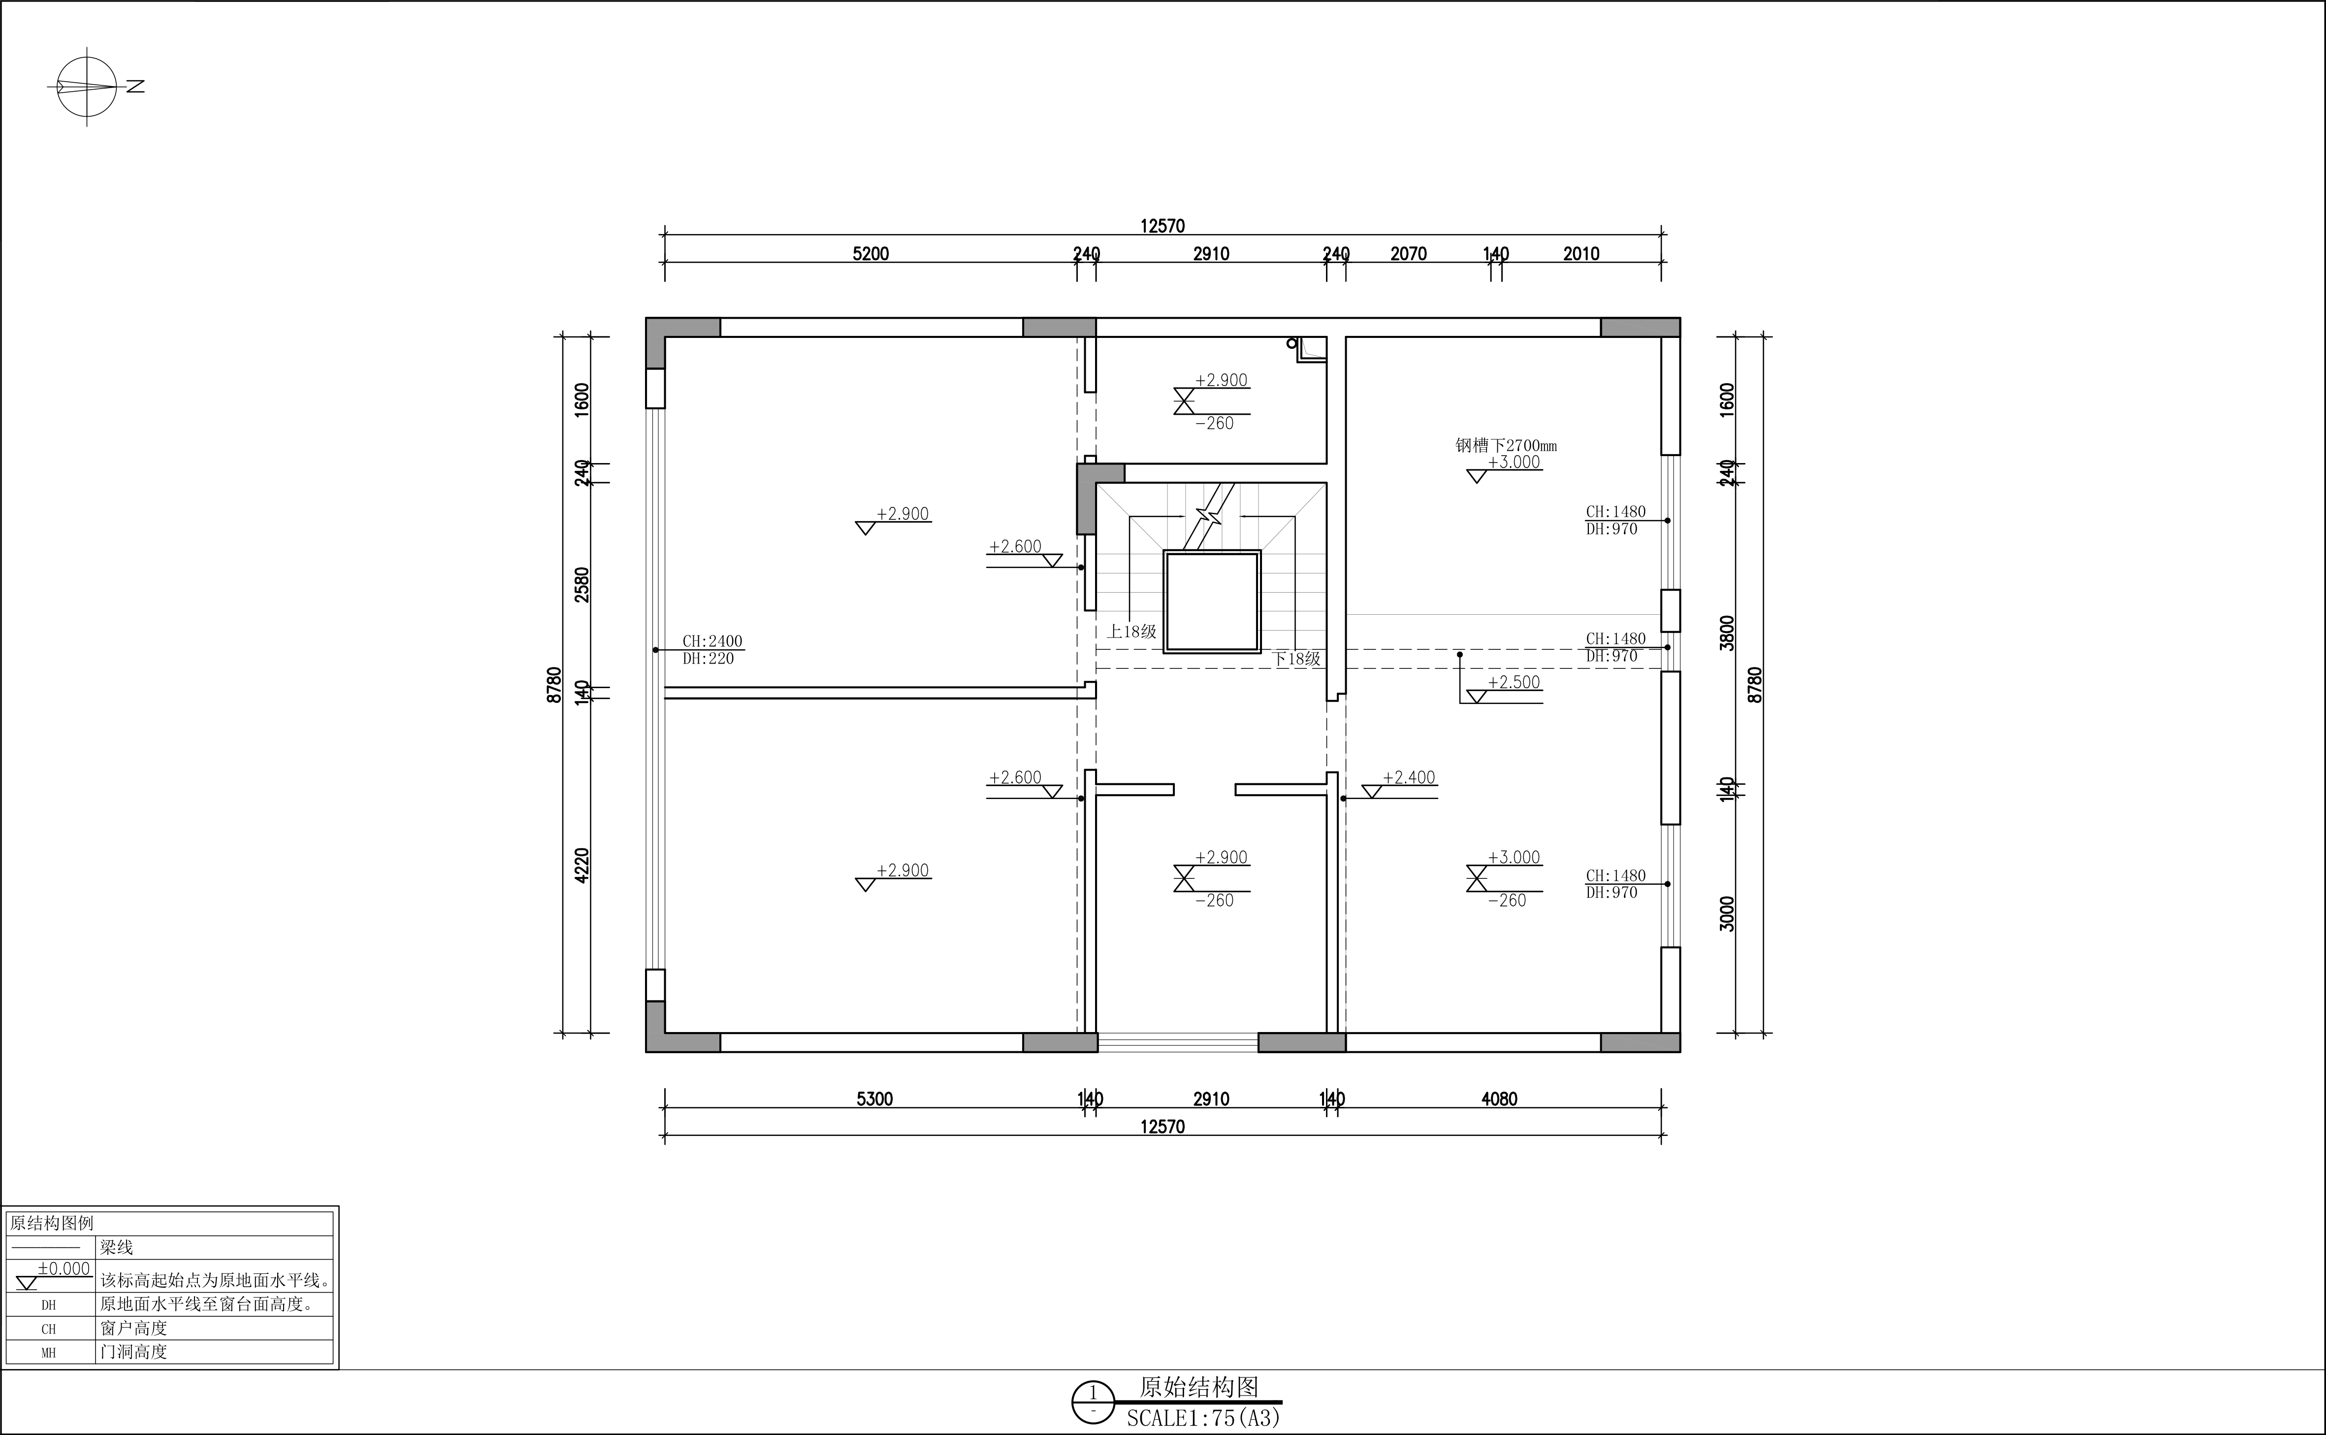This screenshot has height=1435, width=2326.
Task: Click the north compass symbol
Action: coord(87,86)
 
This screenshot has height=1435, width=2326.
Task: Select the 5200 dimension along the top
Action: coord(871,253)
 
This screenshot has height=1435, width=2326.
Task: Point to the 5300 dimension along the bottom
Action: coord(874,1099)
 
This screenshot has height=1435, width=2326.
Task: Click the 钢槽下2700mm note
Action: coord(1506,445)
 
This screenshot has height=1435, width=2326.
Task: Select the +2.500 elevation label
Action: coord(1514,682)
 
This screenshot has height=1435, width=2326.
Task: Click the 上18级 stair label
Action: coord(1131,631)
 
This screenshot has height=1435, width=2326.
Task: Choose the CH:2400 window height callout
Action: coord(712,641)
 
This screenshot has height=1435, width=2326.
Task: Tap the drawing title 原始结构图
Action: coord(1199,1388)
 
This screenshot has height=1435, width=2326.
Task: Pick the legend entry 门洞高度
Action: coord(134,1351)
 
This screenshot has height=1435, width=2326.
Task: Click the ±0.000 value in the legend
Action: coord(64,1269)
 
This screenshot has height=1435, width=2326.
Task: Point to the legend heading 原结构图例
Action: coord(52,1223)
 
